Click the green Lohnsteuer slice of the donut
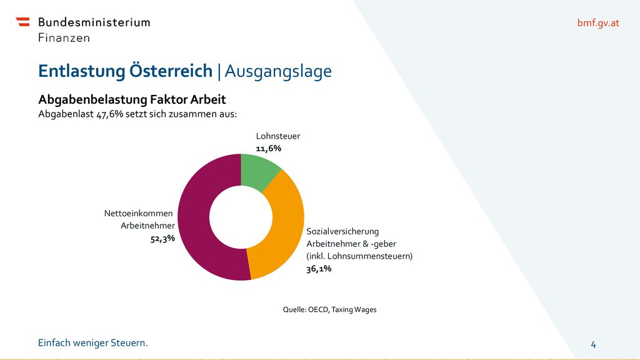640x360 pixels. click(256, 171)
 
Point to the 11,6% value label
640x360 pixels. click(269, 149)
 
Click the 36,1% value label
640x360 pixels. click(319, 269)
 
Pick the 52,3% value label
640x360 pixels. click(162, 238)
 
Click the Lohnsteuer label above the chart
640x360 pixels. click(278, 136)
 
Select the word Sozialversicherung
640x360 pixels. click(343, 231)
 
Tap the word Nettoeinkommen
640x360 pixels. click(138, 214)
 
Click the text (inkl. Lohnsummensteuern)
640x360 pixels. click(359, 256)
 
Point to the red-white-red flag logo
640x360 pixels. click(23, 22)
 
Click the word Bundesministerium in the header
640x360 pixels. click(94, 22)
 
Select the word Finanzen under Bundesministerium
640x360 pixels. click(64, 38)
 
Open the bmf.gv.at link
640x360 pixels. click(598, 23)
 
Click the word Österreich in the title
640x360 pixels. click(171, 71)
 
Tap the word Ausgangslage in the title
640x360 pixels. click(278, 72)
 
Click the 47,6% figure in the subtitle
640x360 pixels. click(110, 114)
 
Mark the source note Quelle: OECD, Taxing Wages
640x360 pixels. click(330, 310)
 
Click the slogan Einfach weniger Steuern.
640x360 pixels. click(93, 343)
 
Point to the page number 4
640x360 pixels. click(594, 345)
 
